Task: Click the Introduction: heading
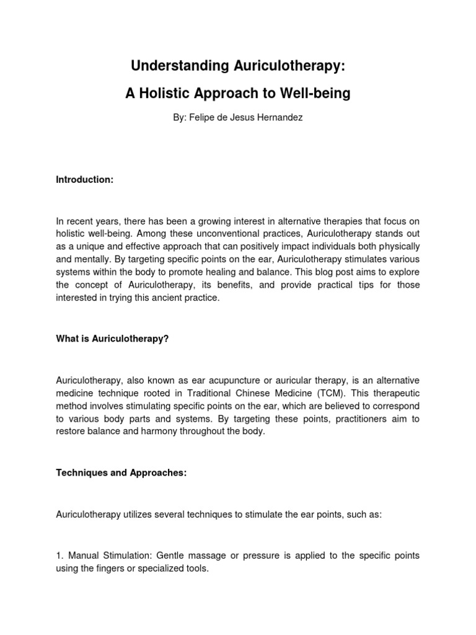85,179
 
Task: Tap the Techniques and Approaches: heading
121,473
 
